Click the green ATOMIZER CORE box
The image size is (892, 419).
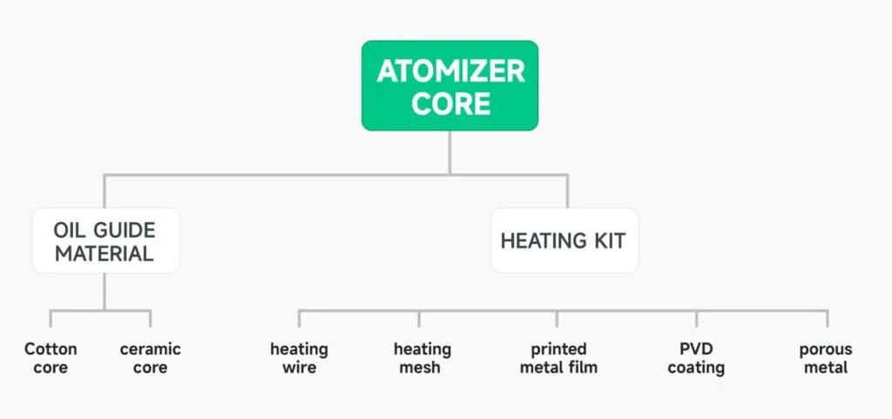coord(450,85)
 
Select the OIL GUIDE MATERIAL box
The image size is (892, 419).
coord(105,241)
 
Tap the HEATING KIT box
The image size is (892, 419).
coord(563,240)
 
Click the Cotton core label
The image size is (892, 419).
coord(51,358)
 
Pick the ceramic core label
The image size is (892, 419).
coord(150,358)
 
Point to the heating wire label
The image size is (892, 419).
coord(299,358)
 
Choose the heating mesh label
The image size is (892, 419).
coord(422,358)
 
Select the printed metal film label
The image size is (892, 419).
coord(558,358)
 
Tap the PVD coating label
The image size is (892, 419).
coord(696,358)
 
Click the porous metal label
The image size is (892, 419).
coord(826,358)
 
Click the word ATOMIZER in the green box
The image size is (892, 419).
coord(450,71)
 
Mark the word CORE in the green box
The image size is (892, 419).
coord(450,104)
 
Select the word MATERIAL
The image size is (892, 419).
coord(105,253)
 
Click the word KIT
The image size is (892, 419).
coord(608,240)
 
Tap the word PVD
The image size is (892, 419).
coord(696,348)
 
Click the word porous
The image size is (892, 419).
coord(826,349)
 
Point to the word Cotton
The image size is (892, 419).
coord(51,348)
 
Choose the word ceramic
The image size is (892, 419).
coord(150,349)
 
